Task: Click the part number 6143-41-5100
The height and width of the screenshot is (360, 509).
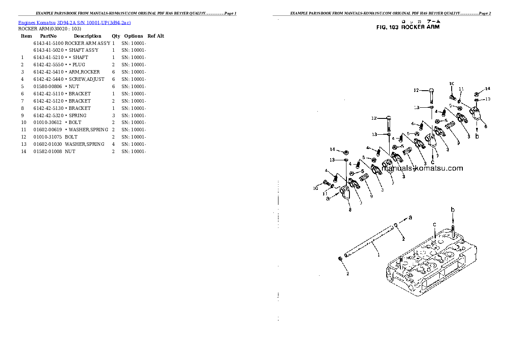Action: coord(48,43)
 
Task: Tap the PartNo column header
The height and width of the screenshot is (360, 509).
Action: coord(48,36)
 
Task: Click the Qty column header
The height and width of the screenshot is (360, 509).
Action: coord(116,36)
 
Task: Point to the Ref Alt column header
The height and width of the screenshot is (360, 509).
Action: coord(156,36)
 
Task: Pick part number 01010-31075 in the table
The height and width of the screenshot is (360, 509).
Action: coord(48,137)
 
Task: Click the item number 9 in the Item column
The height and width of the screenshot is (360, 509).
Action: coord(22,115)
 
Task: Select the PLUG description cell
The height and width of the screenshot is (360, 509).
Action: coord(79,65)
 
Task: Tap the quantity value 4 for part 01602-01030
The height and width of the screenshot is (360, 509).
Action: coord(113,144)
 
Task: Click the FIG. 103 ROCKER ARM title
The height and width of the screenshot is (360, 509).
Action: coord(407,27)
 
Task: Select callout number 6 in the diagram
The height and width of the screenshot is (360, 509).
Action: coord(485,127)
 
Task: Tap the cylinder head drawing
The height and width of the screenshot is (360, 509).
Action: coord(428,265)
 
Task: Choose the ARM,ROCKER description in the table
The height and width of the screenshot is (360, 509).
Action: coord(84,72)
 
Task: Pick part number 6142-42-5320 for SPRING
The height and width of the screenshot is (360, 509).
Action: coord(48,115)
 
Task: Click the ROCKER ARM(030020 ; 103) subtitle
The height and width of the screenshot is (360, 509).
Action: coord(50,29)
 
